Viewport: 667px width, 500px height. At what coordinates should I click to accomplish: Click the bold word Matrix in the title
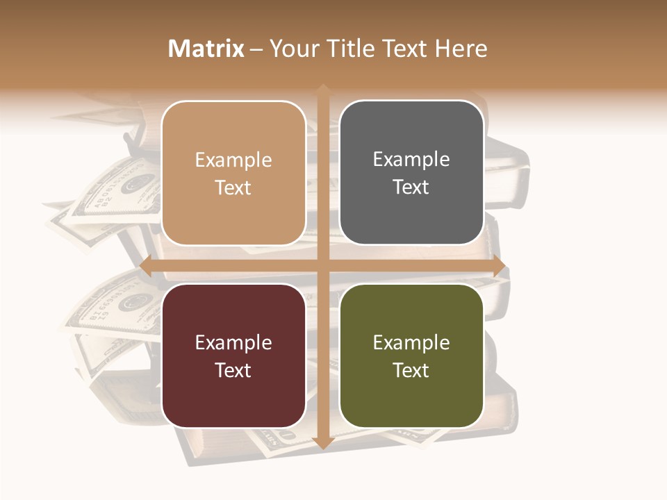pyautogui.click(x=206, y=49)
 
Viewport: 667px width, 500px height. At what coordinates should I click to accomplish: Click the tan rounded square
pyautogui.click(x=233, y=173)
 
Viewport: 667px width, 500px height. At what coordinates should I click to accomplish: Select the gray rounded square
pyautogui.click(x=411, y=173)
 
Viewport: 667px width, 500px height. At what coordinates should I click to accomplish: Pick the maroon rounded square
pyautogui.click(x=233, y=356)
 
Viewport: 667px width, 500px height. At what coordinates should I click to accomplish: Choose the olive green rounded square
pyautogui.click(x=411, y=356)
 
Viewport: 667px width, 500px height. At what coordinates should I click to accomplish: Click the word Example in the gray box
pyautogui.click(x=411, y=160)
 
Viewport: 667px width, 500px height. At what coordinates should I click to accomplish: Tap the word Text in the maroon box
pyautogui.click(x=233, y=370)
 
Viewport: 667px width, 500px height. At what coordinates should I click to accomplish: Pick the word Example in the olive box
pyautogui.click(x=411, y=342)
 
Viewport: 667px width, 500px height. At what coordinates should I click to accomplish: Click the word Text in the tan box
pyautogui.click(x=233, y=187)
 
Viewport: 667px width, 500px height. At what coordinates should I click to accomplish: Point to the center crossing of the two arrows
pyautogui.click(x=323, y=267)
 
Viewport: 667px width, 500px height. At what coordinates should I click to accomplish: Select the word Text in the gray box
pyautogui.click(x=411, y=187)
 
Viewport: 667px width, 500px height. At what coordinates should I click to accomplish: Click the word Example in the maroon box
pyautogui.click(x=233, y=342)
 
